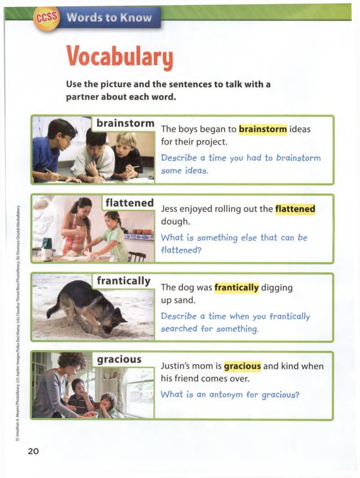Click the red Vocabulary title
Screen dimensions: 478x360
click(x=119, y=55)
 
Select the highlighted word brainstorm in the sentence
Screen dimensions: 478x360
click(x=263, y=129)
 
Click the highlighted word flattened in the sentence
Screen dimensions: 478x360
click(x=295, y=209)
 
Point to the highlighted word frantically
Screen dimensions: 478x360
click(x=236, y=287)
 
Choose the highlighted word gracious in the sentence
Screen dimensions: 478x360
click(x=243, y=366)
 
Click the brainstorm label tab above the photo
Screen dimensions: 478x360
click(x=125, y=123)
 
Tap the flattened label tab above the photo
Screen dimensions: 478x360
click(x=130, y=202)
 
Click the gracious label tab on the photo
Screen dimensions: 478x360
click(x=119, y=358)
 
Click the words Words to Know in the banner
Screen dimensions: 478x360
click(x=109, y=17)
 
